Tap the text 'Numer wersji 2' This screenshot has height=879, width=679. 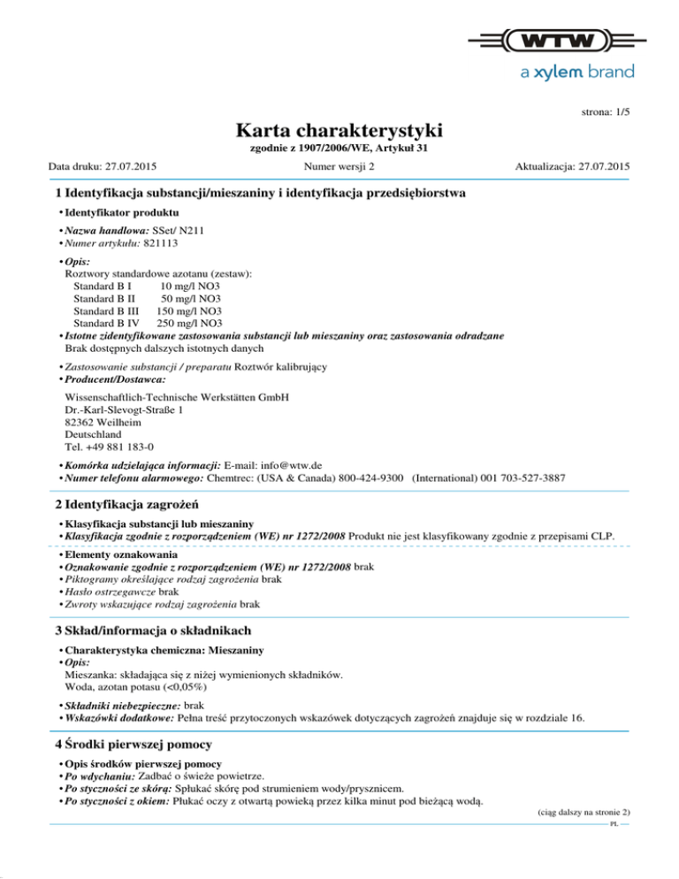[339, 166]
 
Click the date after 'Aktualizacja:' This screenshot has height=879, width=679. [600, 166]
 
